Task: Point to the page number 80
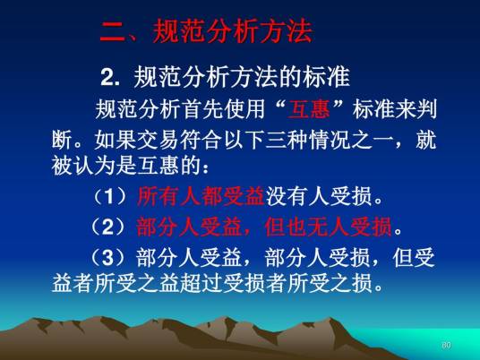tap(446, 345)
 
